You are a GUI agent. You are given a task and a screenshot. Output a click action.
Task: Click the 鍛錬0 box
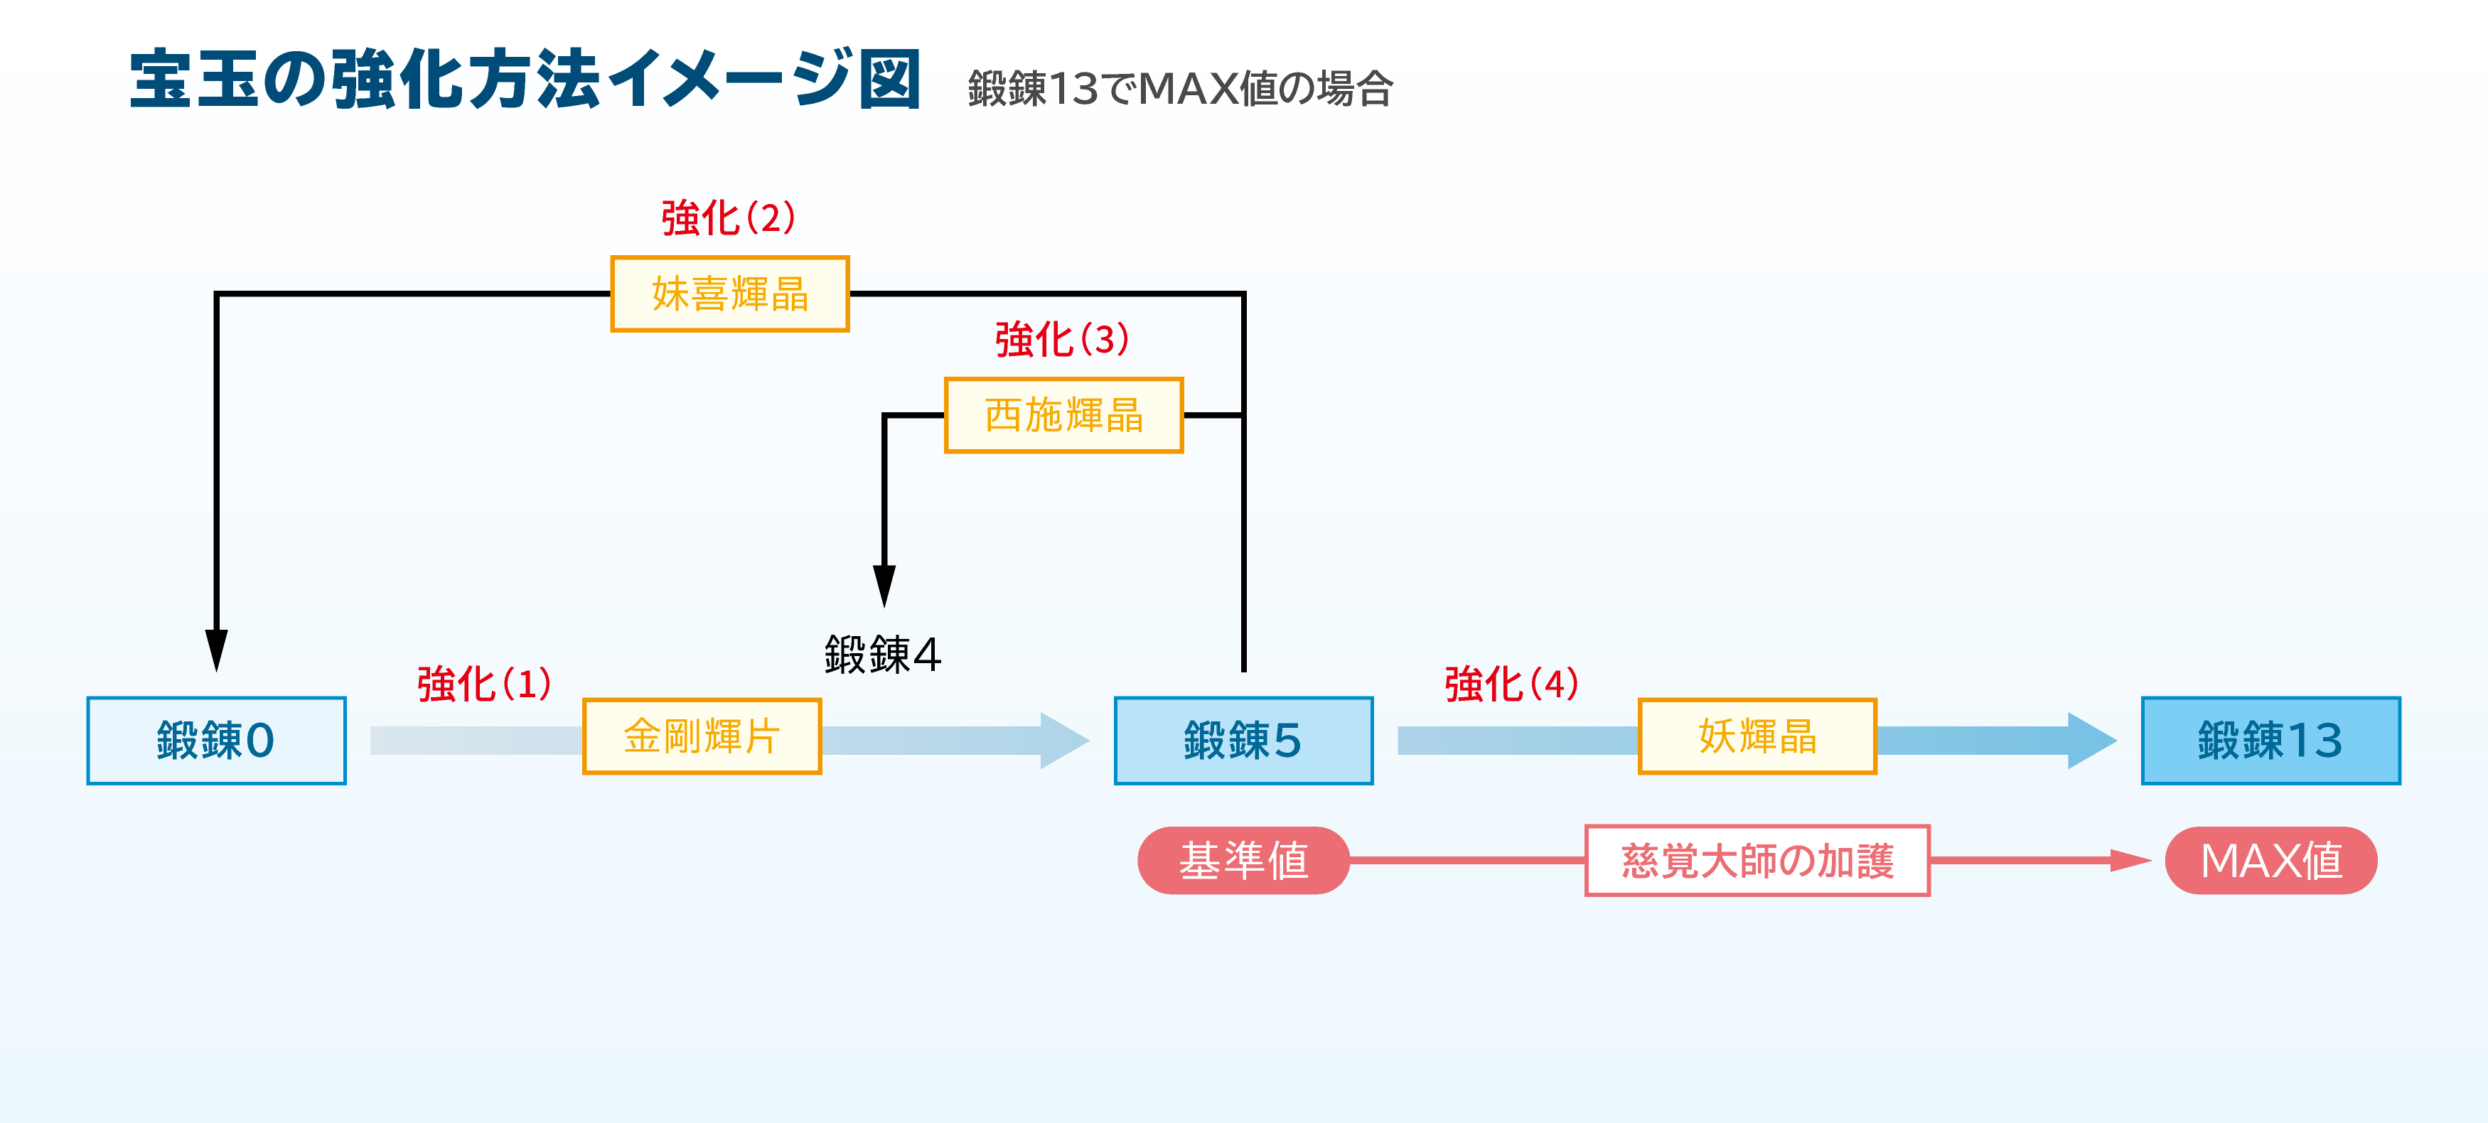click(216, 740)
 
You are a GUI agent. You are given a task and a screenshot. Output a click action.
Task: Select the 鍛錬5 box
click(1243, 740)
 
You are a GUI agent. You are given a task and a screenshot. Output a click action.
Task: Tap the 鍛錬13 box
click(2270, 740)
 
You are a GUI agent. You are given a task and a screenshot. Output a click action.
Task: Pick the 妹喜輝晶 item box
click(729, 294)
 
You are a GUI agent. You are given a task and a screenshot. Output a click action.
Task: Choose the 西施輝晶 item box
click(1063, 415)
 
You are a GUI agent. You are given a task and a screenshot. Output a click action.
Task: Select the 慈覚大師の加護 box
click(1757, 860)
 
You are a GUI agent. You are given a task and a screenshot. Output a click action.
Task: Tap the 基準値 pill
click(1243, 860)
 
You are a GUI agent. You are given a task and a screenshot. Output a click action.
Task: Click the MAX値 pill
click(2270, 860)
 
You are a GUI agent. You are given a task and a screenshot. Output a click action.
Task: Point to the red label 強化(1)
click(484, 684)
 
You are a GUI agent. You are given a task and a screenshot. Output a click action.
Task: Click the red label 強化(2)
click(728, 217)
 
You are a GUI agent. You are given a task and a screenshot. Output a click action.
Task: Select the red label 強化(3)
click(1061, 339)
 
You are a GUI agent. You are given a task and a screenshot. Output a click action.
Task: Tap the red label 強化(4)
click(1511, 684)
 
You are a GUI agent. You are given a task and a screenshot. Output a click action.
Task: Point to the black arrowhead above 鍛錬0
click(216, 650)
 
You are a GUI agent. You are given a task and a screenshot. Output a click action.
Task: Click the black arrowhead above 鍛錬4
click(884, 585)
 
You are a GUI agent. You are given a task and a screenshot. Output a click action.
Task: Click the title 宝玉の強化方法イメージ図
click(525, 79)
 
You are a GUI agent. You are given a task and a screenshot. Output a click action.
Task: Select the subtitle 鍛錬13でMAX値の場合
click(1179, 89)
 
